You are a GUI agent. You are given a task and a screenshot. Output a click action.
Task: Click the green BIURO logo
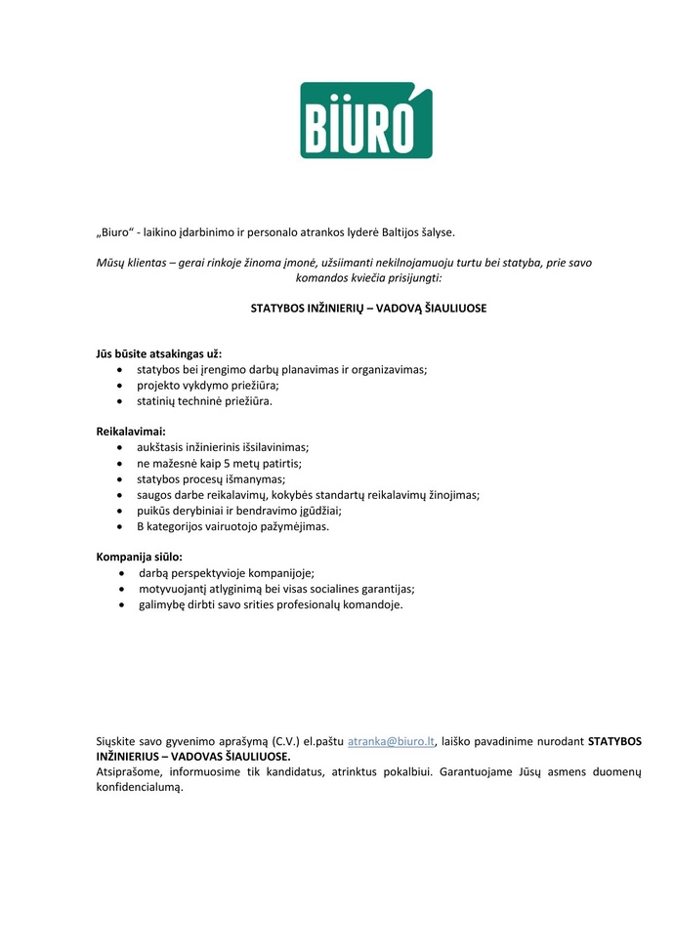tap(365, 121)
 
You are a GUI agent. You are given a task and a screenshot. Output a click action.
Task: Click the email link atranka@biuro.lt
tap(391, 741)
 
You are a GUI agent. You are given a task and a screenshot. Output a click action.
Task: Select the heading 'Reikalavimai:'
tap(131, 431)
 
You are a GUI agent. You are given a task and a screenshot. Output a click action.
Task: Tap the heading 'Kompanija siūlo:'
tap(140, 557)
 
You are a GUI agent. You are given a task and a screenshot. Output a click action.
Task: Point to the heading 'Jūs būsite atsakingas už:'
tap(165, 352)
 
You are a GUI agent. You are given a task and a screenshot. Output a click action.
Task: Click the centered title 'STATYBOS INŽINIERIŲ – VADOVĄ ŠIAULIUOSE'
tap(368, 308)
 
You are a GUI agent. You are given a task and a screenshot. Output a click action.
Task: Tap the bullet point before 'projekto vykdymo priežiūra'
tap(119, 385)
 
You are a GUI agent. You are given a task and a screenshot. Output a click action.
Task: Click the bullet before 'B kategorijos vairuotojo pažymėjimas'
tap(119, 526)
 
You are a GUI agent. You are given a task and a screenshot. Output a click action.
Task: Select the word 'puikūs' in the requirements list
tap(153, 511)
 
